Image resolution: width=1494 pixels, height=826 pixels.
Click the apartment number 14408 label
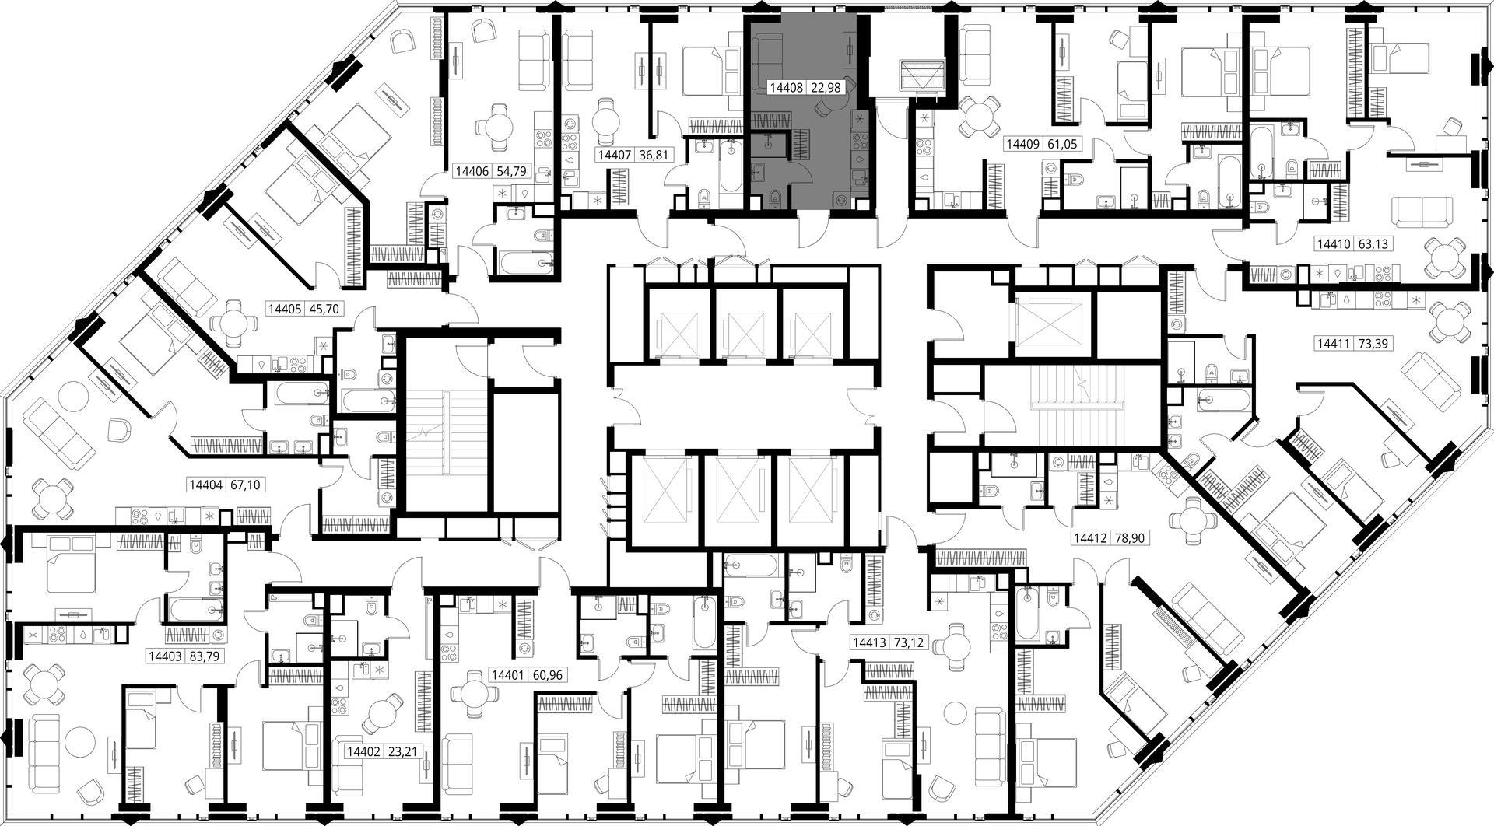tap(786, 88)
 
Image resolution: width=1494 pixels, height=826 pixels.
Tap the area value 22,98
tap(826, 88)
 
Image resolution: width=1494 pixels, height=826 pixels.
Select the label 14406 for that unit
tap(472, 171)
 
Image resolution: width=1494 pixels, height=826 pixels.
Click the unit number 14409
tap(1022, 144)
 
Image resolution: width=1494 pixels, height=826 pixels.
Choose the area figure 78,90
tap(1130, 537)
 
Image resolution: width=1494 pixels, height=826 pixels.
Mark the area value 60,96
tap(547, 675)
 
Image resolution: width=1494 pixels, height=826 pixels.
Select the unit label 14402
tap(363, 752)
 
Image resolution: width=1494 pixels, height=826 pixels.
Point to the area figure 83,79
tap(205, 656)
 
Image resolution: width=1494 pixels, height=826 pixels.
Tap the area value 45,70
tap(324, 308)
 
